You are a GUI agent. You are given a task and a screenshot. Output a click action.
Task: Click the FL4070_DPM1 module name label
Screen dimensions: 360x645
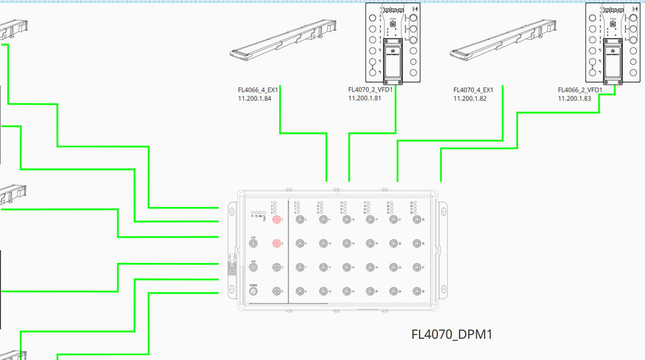451,335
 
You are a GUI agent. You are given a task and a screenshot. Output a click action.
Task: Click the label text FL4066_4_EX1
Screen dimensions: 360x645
258,90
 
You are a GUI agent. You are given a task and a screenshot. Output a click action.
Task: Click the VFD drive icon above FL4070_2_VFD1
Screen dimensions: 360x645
392,43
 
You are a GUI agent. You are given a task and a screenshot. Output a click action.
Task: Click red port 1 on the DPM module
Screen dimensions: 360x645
276,219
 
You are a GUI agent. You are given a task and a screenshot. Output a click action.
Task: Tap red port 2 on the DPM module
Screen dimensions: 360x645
276,243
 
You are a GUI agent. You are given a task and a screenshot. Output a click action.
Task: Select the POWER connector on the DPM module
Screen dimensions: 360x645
253,291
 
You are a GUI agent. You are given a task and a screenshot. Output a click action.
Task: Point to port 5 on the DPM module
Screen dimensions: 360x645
299,219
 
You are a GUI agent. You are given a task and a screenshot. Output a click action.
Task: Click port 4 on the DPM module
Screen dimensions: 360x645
276,291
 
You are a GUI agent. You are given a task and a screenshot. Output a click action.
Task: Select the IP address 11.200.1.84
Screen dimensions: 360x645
255,98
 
